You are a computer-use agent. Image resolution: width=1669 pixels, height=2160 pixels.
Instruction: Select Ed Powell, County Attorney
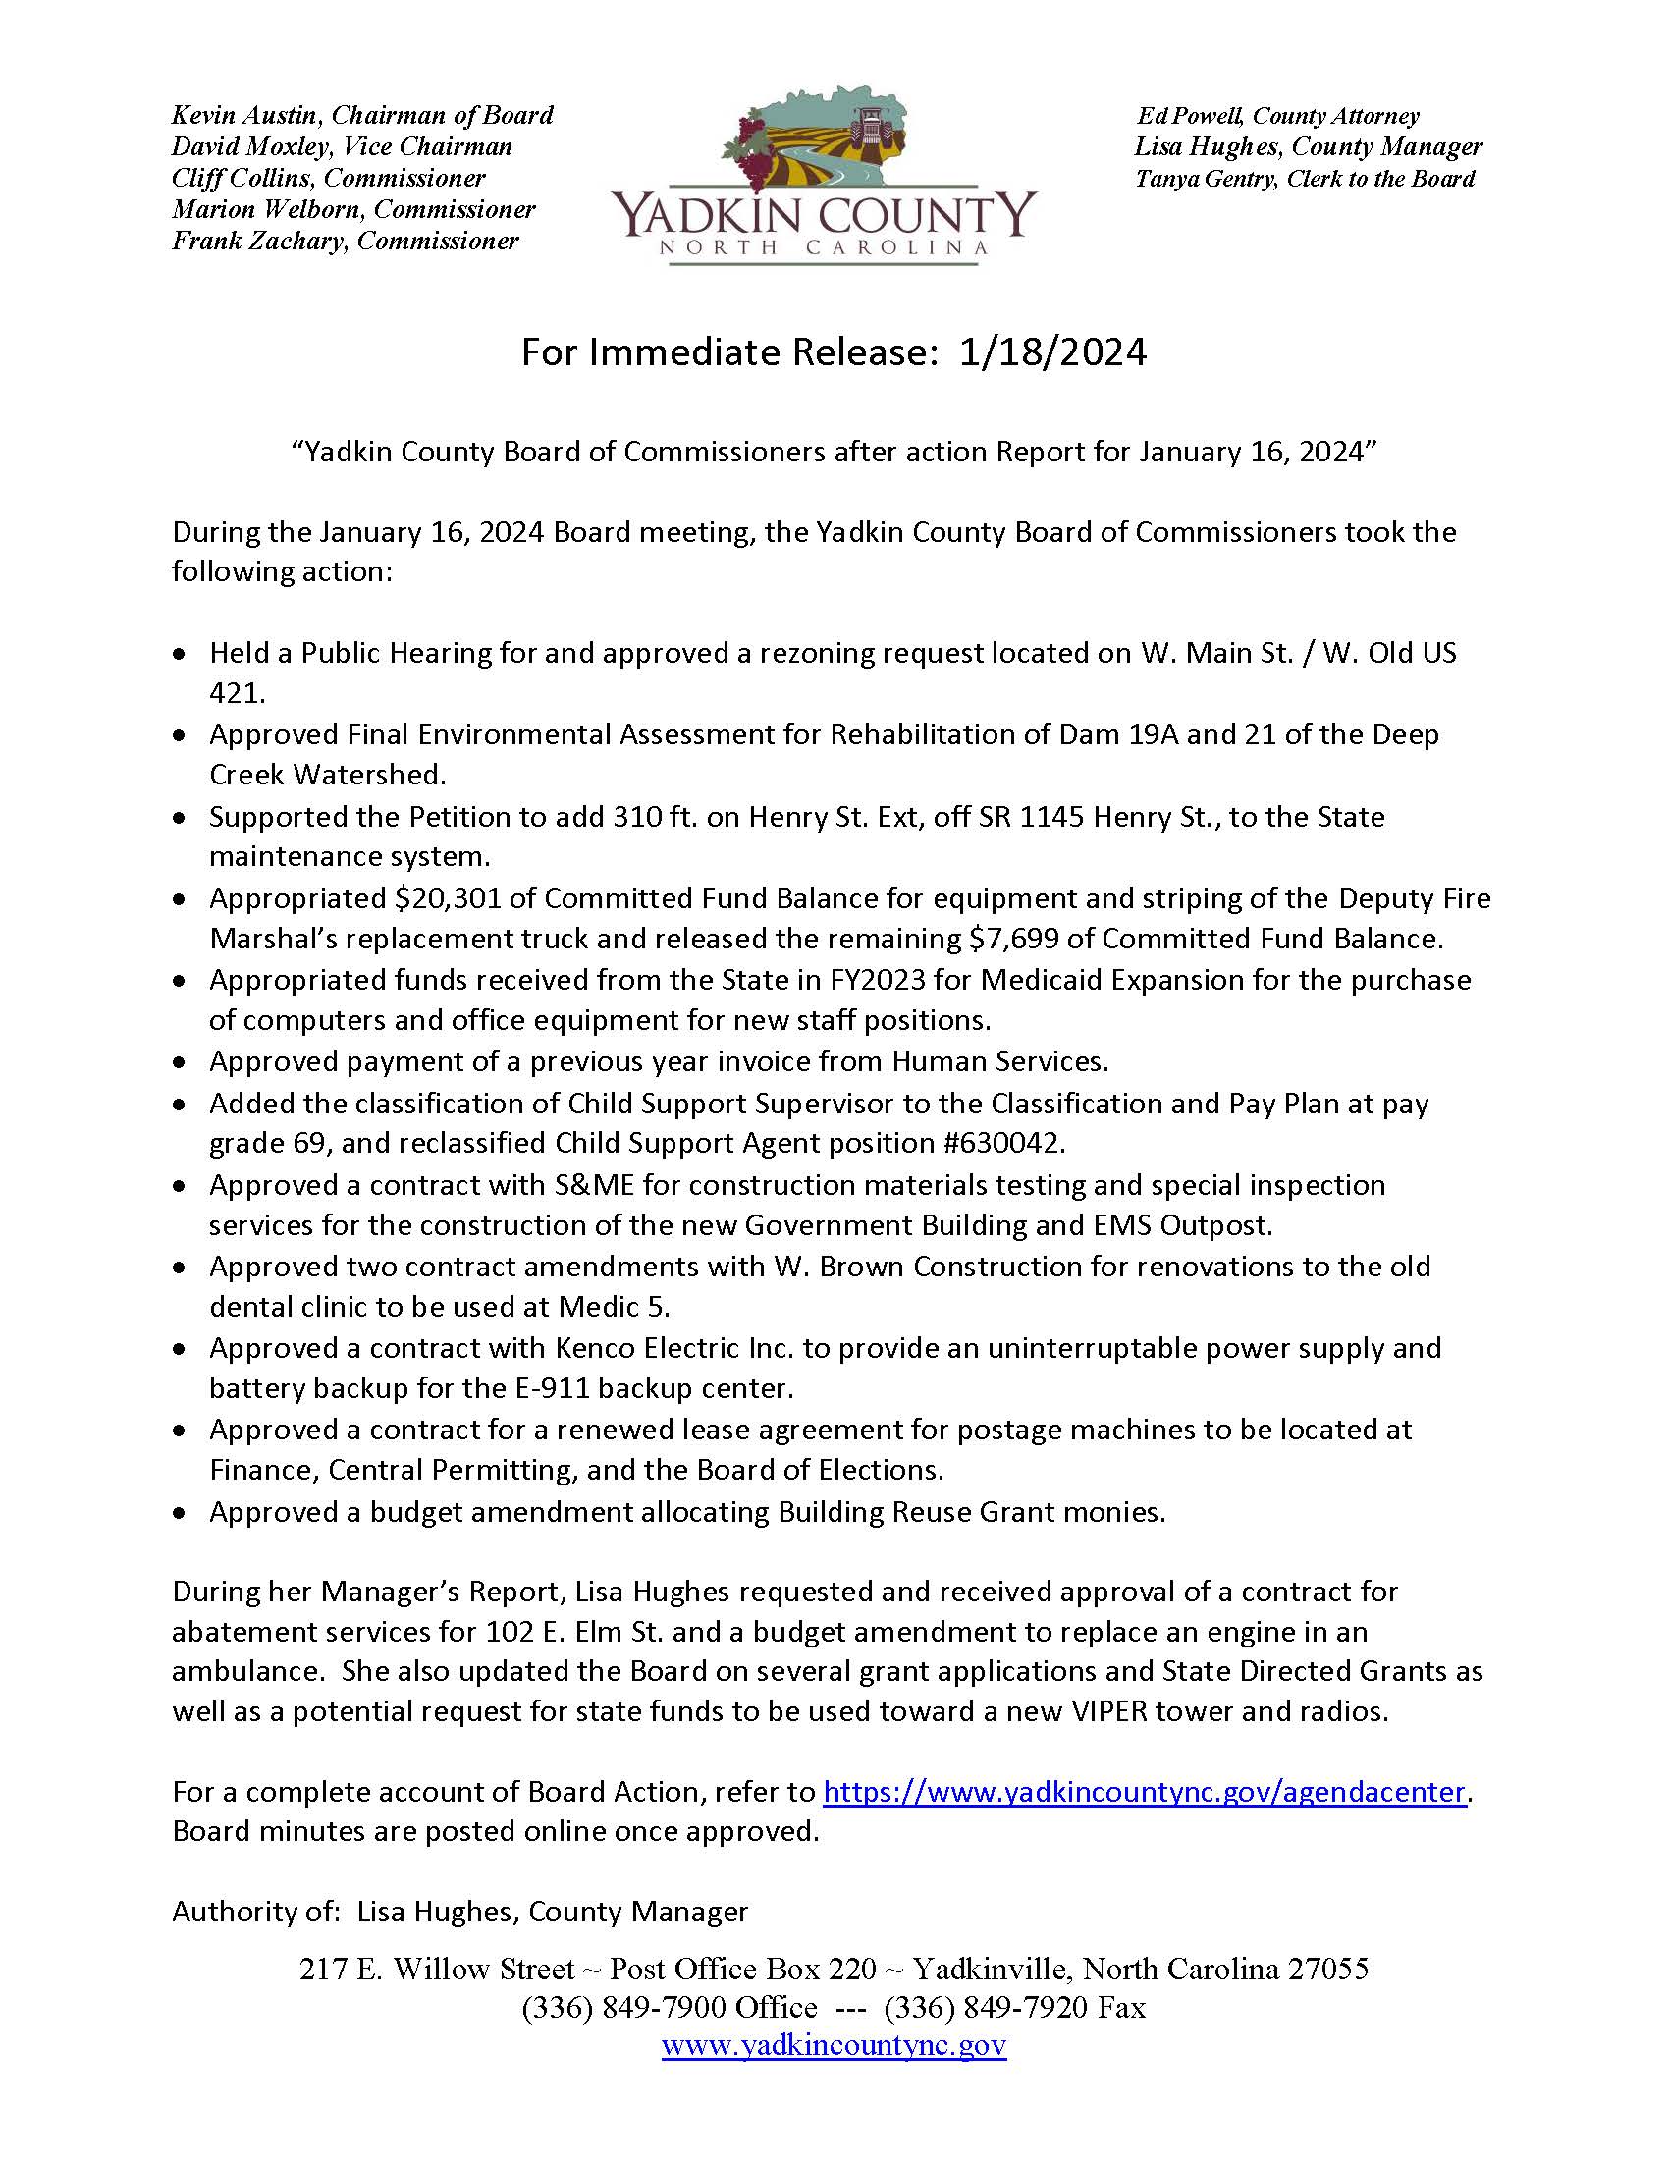(1277, 116)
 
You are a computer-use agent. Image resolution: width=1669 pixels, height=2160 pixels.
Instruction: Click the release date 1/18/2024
(1052, 353)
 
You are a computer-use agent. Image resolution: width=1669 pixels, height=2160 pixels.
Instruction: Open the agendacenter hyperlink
(1143, 1792)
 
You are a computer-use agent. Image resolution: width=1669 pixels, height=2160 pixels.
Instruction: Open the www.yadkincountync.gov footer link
(834, 2044)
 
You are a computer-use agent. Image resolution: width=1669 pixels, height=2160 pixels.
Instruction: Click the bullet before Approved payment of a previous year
(179, 1063)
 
